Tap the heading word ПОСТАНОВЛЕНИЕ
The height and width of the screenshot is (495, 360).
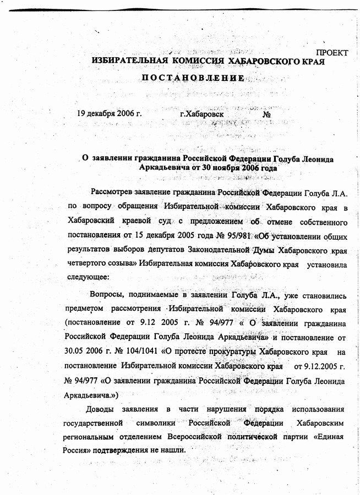tap(193, 79)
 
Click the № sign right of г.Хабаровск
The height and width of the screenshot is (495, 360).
tap(268, 115)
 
